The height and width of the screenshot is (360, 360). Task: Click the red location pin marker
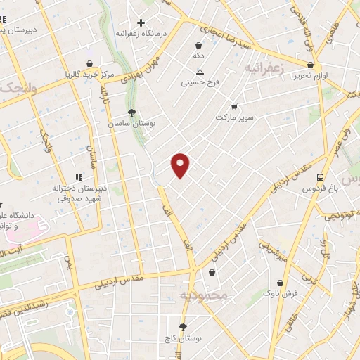tap(181, 165)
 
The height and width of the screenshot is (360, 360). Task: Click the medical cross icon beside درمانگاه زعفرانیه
tap(141, 22)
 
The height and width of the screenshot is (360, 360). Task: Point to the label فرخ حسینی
tap(200, 82)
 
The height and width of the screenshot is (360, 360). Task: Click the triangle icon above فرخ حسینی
tap(200, 72)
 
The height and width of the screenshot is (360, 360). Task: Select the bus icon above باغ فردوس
tap(321, 178)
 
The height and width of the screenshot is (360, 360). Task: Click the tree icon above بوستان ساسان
tap(131, 112)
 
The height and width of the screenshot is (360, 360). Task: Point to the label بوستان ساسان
tap(129, 123)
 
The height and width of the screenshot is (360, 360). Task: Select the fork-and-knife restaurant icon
tap(79, 178)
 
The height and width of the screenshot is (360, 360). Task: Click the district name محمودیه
tap(205, 296)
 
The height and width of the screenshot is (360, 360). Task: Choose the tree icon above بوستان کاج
tap(184, 327)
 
